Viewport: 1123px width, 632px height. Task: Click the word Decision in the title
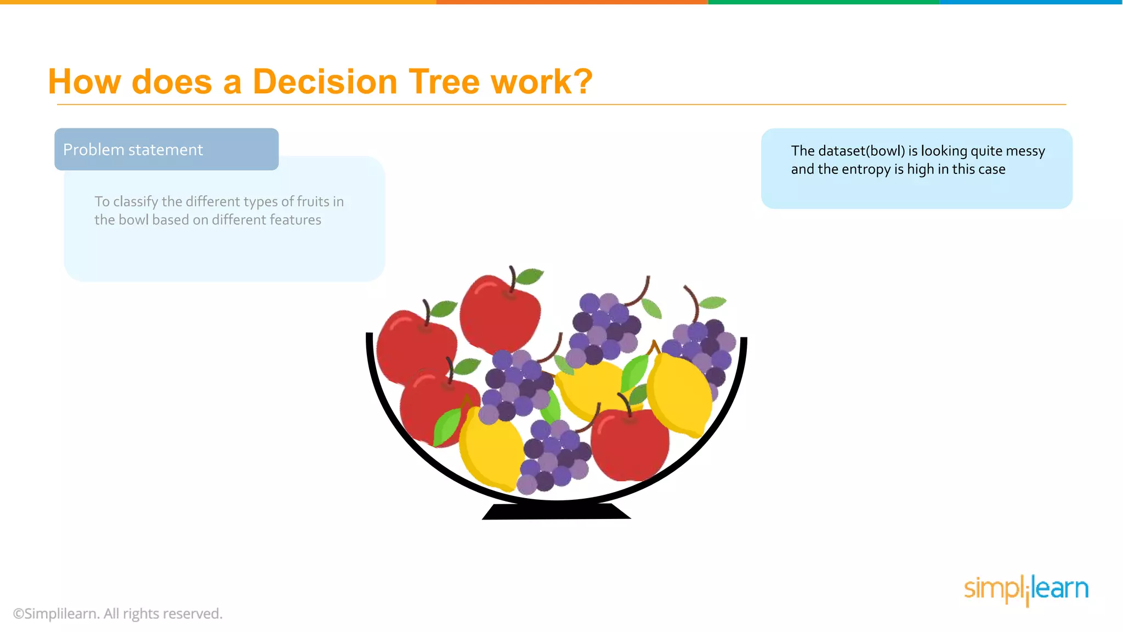[x=324, y=82]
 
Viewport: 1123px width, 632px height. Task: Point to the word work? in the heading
[x=542, y=82]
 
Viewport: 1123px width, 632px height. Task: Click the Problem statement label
[x=133, y=150]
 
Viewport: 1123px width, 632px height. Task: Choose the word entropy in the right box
[x=866, y=169]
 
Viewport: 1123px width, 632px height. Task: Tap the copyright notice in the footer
[x=117, y=613]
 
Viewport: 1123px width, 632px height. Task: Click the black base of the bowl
[x=556, y=511]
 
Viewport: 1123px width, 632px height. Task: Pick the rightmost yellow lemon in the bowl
[x=680, y=395]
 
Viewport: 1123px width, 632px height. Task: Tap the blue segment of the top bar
[x=1031, y=2]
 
